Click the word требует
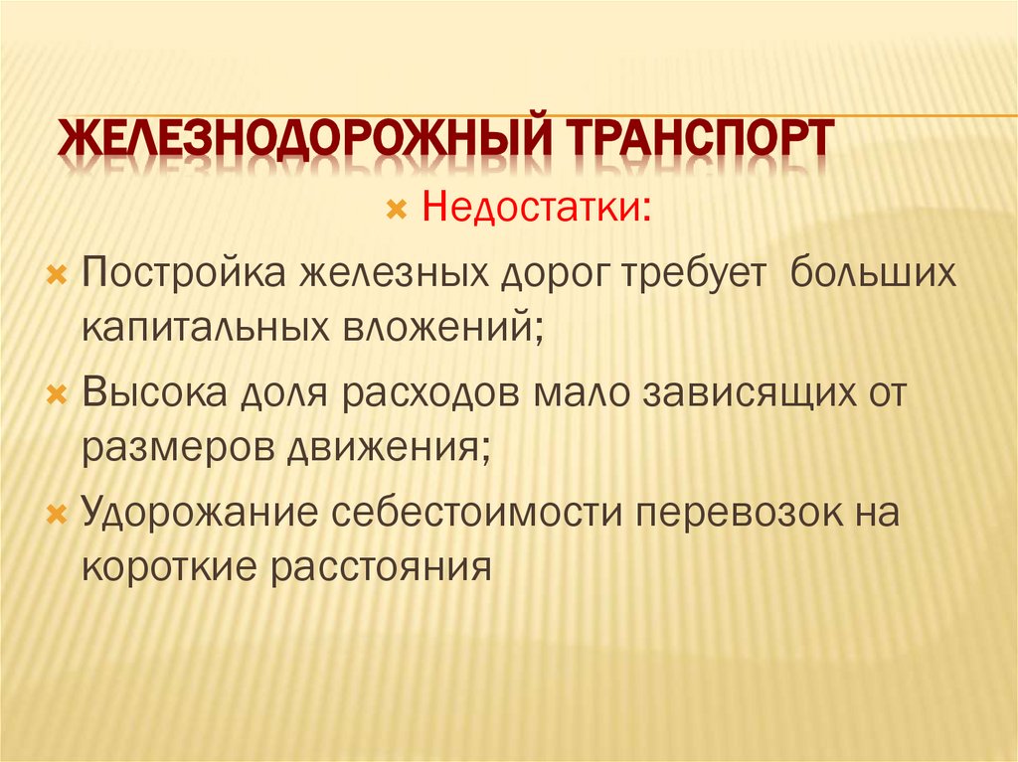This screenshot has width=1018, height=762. pos(696,271)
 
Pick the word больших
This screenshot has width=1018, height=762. pos(873,271)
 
